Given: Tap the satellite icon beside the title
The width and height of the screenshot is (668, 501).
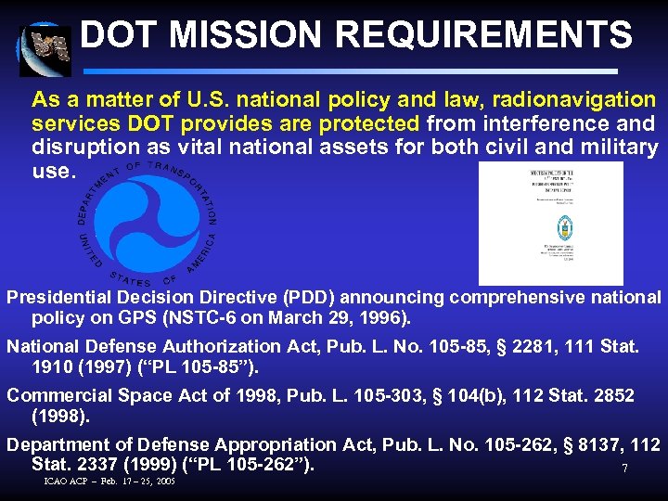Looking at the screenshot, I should tap(43, 49).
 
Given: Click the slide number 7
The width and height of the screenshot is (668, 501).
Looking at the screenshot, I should tap(624, 469).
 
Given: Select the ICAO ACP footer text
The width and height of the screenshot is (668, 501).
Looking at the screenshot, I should tap(109, 482).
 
